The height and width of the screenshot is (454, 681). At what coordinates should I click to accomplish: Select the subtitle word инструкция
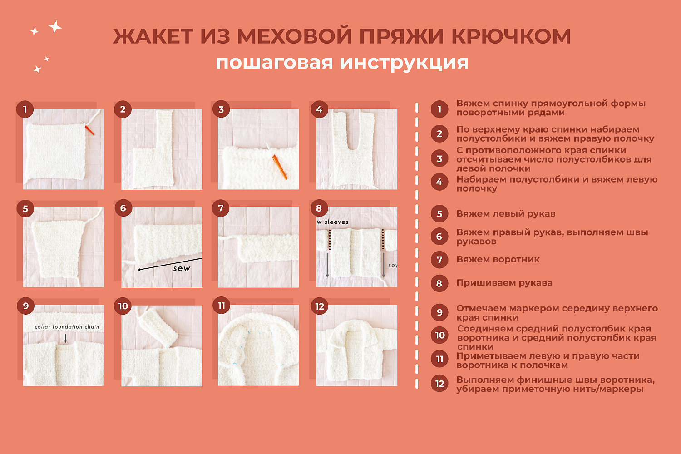[404, 63]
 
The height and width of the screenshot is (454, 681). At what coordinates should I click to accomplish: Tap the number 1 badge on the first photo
[25, 109]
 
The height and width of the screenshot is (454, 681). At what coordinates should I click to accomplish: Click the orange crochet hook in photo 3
[280, 167]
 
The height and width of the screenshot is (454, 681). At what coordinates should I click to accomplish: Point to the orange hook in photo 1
[89, 130]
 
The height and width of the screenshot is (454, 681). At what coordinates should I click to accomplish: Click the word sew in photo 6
[182, 268]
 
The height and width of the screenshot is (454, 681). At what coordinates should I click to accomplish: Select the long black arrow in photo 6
[170, 264]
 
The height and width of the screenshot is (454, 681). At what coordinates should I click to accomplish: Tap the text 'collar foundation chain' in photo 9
[67, 326]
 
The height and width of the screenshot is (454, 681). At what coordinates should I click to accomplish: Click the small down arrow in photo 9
[65, 338]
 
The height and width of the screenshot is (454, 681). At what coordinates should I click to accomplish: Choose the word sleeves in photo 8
[336, 222]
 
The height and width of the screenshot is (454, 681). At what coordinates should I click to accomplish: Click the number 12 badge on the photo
[320, 306]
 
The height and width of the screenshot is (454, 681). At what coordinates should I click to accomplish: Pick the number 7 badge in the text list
[439, 260]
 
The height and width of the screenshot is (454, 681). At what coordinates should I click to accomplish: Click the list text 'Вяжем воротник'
[498, 260]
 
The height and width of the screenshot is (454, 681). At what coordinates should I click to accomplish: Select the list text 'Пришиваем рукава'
[504, 283]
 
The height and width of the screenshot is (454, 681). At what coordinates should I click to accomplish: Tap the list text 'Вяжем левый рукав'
[506, 214]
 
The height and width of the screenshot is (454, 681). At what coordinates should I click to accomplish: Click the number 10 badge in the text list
[439, 335]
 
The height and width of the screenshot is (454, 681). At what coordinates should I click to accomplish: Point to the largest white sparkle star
[55, 27]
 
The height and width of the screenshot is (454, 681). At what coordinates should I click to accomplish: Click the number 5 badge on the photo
[25, 208]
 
